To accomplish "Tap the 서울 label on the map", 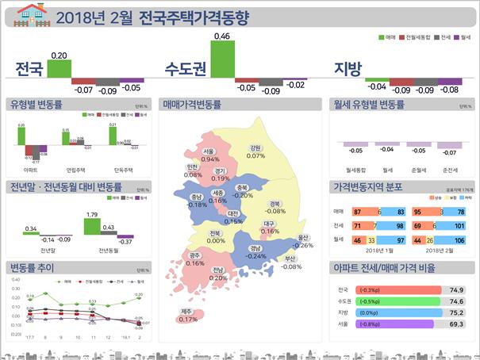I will (x=209, y=151).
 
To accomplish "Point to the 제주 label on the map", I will (x=187, y=311).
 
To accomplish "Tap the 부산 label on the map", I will (x=290, y=259).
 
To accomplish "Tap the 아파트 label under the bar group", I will (x=31, y=169).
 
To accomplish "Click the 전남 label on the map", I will (x=218, y=270).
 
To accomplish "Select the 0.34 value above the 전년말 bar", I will (x=31, y=228).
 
